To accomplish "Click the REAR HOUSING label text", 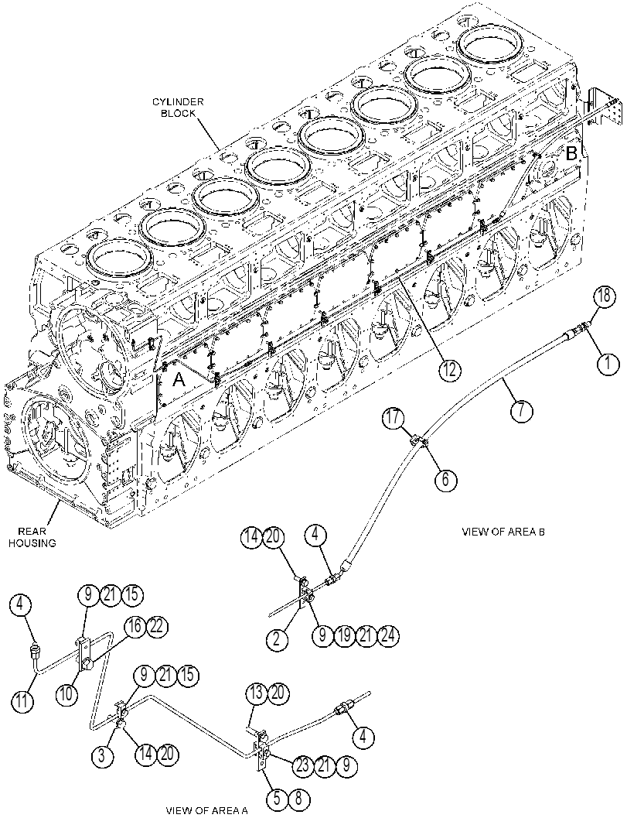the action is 37,537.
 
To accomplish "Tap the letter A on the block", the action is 179,380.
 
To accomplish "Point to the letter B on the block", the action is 572,153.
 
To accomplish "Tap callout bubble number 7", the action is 522,411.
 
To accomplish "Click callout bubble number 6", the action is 445,478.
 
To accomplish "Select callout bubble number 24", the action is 388,635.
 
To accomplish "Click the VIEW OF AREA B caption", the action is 503,532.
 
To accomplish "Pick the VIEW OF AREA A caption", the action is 207,811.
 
